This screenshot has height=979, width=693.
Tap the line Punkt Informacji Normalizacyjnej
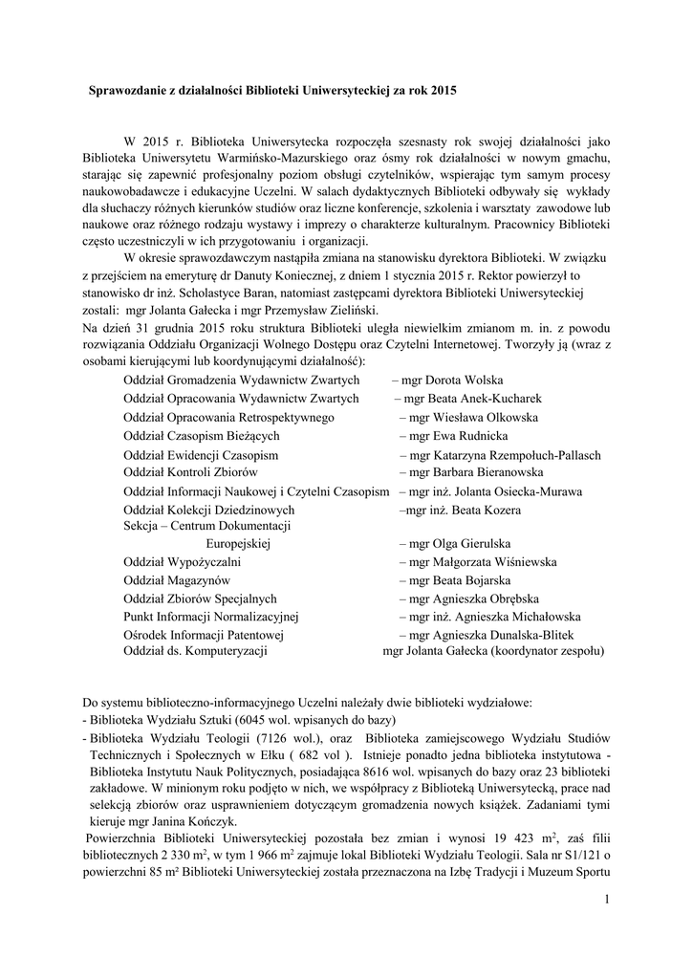click(211, 617)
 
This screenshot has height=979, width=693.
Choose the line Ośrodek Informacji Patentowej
click(205, 635)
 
